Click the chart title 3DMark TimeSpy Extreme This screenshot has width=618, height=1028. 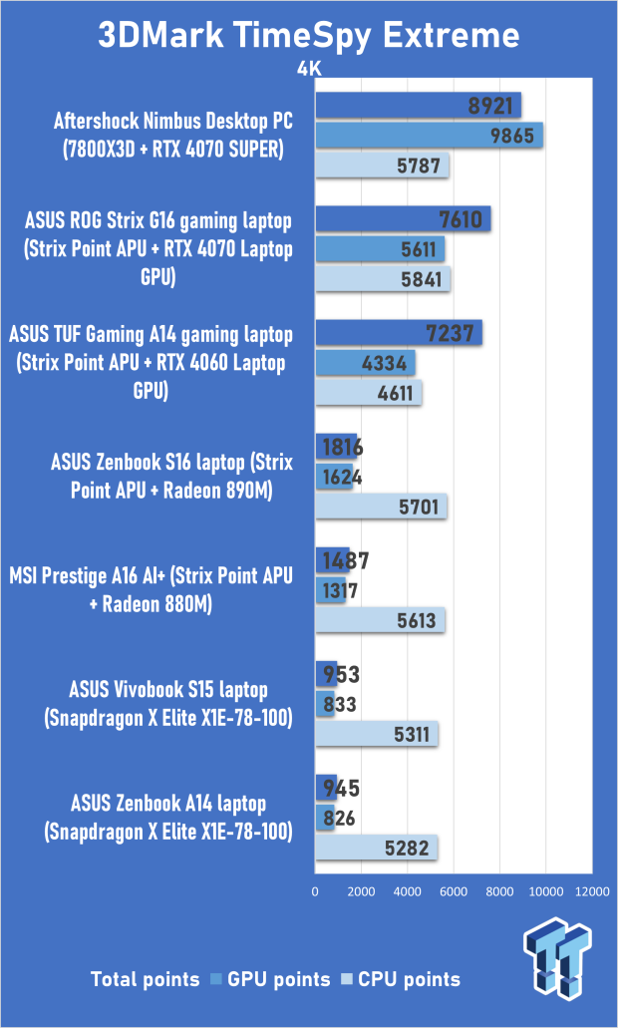pyautogui.click(x=308, y=36)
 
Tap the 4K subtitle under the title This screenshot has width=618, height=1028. pyautogui.click(x=310, y=70)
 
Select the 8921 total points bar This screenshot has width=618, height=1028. pyautogui.click(x=418, y=106)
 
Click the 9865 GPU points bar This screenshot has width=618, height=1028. pyautogui.click(x=429, y=136)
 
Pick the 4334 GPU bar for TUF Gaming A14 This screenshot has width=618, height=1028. pyautogui.click(x=365, y=364)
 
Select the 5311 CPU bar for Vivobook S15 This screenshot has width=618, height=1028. pyautogui.click(x=377, y=735)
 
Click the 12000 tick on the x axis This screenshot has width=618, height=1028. pyautogui.click(x=592, y=891)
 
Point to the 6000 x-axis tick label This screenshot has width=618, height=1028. pyautogui.click(x=454, y=891)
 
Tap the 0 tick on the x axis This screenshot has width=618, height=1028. pyautogui.click(x=316, y=891)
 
